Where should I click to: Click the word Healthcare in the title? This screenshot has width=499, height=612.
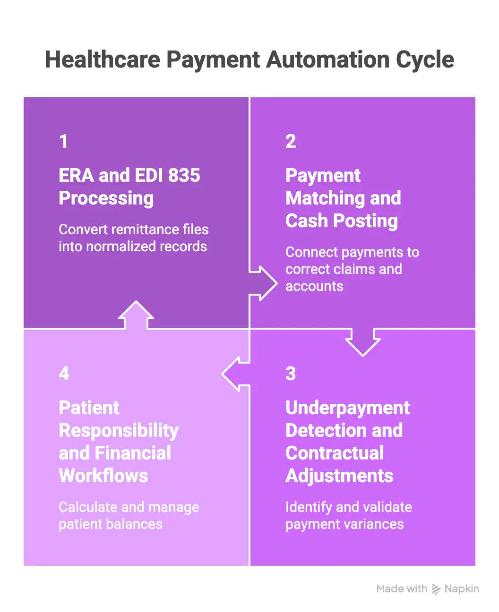tap(103, 59)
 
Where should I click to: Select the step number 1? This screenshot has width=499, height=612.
tap(64, 141)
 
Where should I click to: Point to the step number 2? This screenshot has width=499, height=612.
tap(291, 141)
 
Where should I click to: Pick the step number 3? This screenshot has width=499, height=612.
tap(291, 374)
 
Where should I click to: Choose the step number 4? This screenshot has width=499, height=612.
tap(64, 374)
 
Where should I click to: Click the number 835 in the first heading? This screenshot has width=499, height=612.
tap(184, 175)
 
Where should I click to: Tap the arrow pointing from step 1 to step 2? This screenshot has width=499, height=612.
tap(263, 283)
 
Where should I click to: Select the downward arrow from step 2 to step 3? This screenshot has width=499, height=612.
tap(363, 342)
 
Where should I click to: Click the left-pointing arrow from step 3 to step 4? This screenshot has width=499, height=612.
tap(236, 374)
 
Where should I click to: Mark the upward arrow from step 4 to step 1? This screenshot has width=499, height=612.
tap(136, 314)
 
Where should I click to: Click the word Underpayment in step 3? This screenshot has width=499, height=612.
tap(347, 408)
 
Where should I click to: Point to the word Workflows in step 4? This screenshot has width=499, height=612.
tap(103, 476)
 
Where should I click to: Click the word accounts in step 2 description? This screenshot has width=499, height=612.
tap(314, 287)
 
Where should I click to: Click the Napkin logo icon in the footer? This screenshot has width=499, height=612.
tap(436, 589)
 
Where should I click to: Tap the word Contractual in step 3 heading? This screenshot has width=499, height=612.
tap(335, 453)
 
